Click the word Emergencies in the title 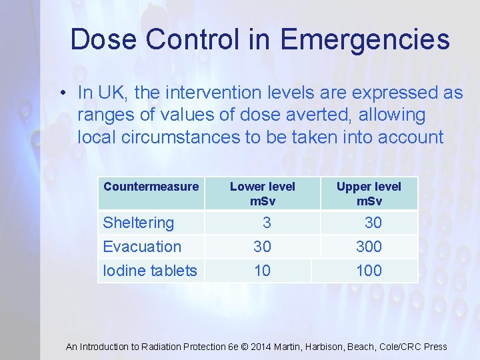[x=365, y=39]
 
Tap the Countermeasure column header [x=151, y=187]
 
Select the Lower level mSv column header [x=262, y=193]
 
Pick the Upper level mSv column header [x=369, y=193]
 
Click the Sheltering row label [x=138, y=223]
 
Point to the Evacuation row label [x=142, y=247]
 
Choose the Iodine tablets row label [x=150, y=271]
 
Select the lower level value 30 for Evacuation [x=262, y=247]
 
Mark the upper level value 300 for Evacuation [x=369, y=247]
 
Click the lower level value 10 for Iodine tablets [x=262, y=271]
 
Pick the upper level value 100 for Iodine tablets [x=369, y=271]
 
